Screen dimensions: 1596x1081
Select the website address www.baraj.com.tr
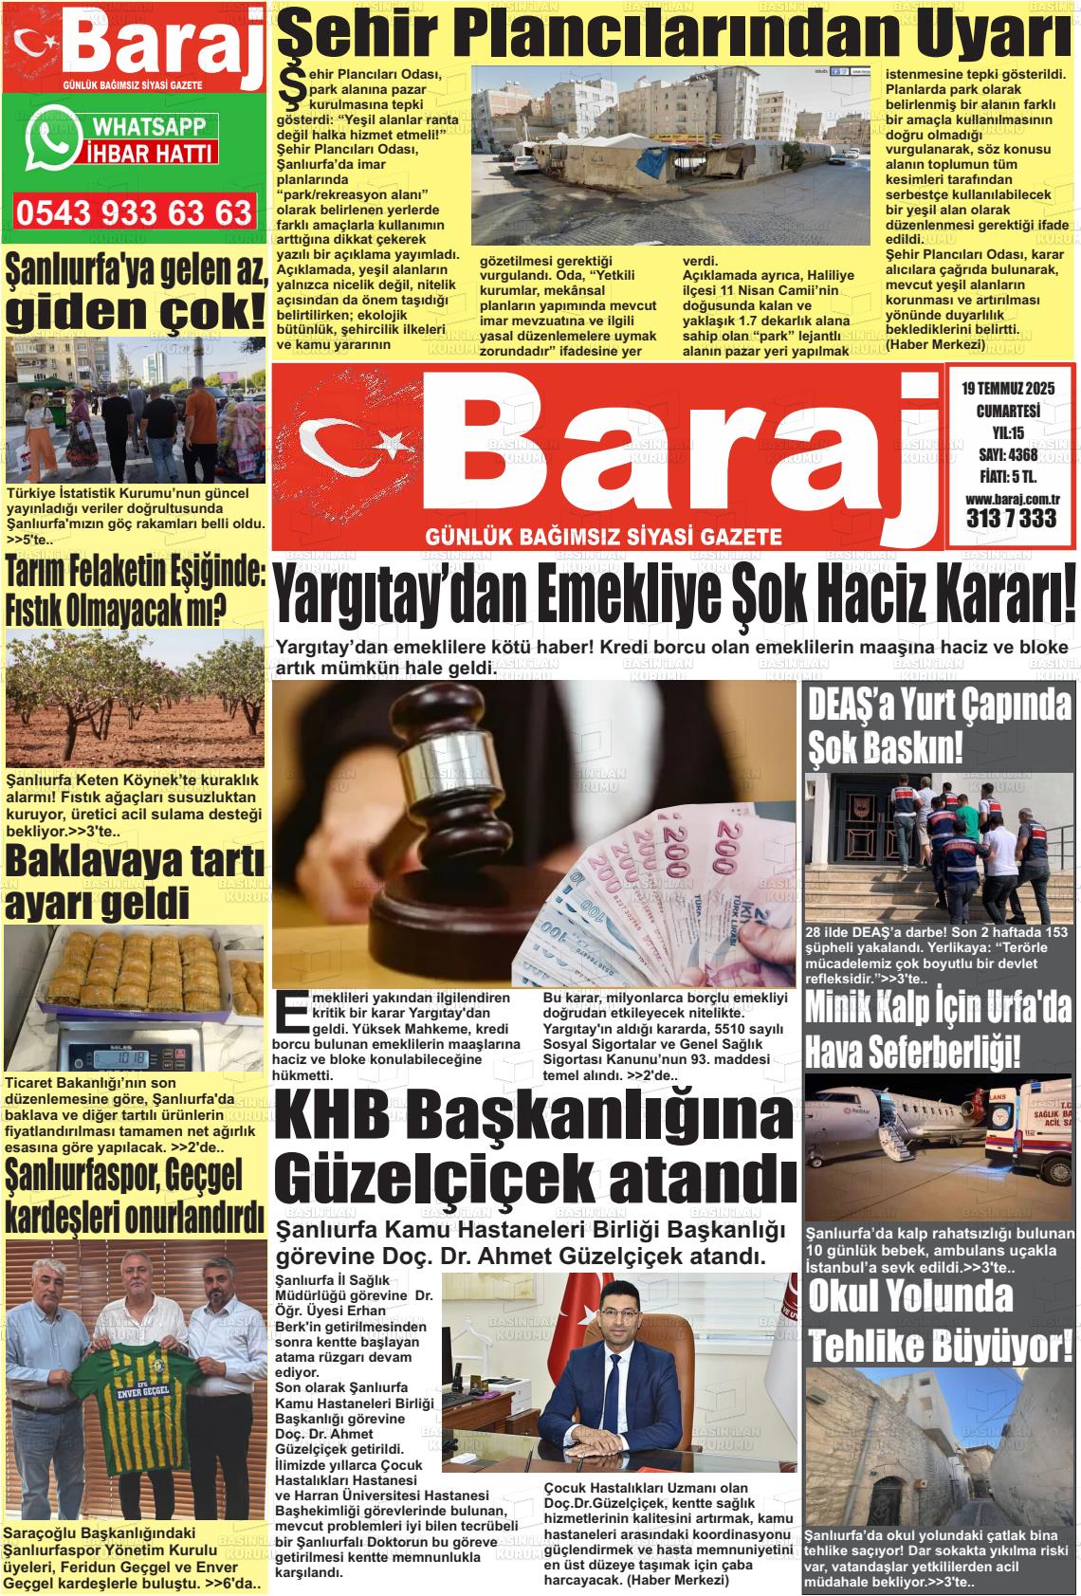[x=1011, y=499]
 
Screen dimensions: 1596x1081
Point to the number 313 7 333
[x=1011, y=519]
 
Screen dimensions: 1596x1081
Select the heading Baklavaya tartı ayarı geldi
[x=135, y=883]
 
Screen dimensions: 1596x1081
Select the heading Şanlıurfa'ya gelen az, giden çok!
[x=135, y=294]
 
